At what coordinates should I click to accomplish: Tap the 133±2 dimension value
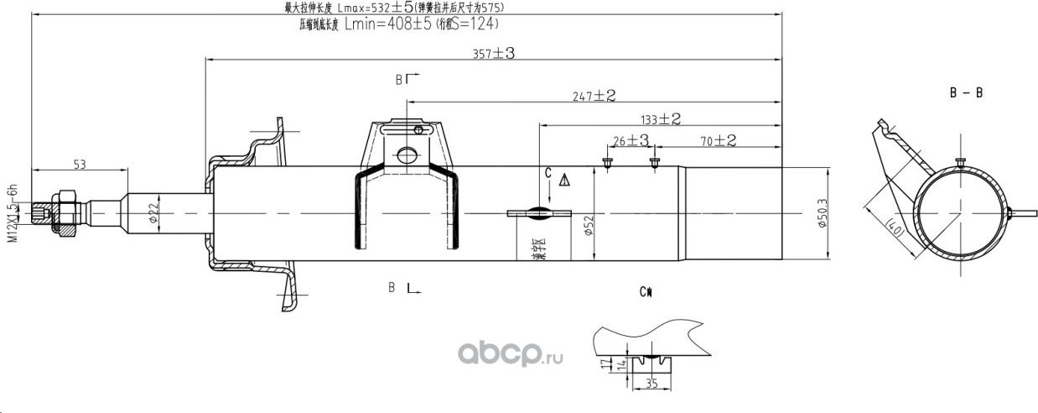pyautogui.click(x=658, y=119)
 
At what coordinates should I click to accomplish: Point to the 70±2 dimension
pyautogui.click(x=719, y=141)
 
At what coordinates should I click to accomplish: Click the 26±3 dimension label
pyautogui.click(x=630, y=140)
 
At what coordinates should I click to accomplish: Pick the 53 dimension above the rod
pyautogui.click(x=80, y=165)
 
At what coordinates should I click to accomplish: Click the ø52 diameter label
pyautogui.click(x=589, y=226)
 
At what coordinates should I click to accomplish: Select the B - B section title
pyautogui.click(x=966, y=93)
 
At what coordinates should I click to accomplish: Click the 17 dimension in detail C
pyautogui.click(x=605, y=364)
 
